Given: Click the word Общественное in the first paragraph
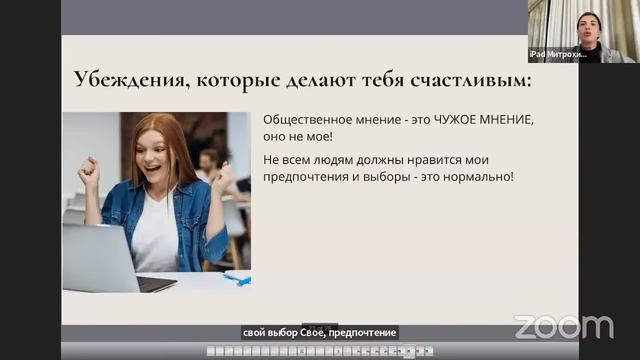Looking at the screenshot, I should (311, 119).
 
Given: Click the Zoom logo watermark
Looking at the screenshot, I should (563, 327).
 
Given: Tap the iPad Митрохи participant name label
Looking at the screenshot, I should (558, 55).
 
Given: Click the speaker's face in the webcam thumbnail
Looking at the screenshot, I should (589, 24).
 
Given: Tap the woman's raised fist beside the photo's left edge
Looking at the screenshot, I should (87, 171).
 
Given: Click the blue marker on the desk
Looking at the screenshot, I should (237, 277).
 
